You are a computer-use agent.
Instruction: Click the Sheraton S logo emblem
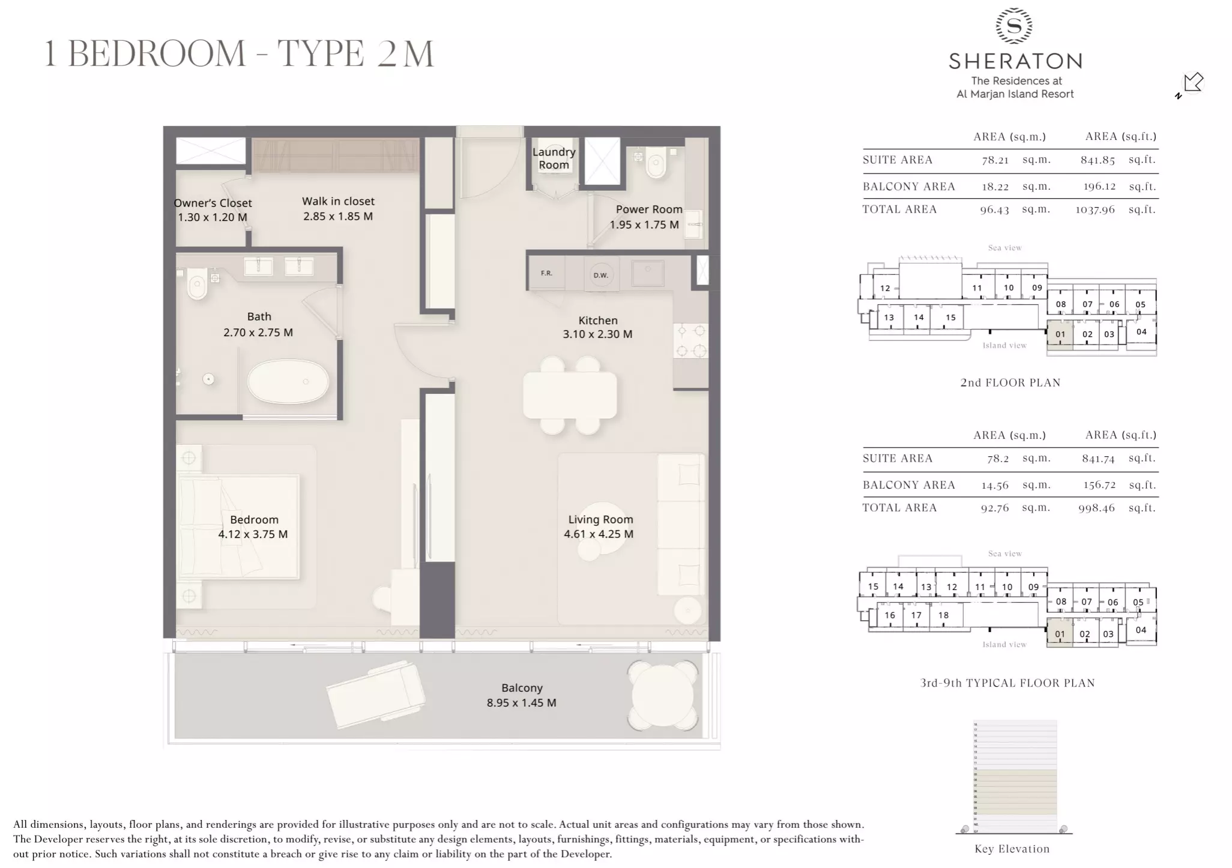pos(1014,26)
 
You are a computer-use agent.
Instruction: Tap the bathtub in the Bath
pos(288,381)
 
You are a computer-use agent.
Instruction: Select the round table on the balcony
pos(663,696)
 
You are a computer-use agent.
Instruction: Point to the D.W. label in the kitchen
pos(601,275)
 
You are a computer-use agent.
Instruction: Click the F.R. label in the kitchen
pos(546,273)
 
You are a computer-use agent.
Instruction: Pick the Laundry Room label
pos(554,158)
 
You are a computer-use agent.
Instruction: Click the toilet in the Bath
pos(197,285)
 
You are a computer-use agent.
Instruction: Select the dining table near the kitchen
pos(570,395)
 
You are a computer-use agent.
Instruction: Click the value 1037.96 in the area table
pos(1095,209)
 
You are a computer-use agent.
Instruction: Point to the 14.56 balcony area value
pos(995,485)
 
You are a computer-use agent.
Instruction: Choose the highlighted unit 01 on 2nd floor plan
pos(1060,335)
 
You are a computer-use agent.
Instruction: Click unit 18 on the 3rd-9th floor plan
pos(943,615)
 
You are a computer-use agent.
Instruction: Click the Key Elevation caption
pos(1012,849)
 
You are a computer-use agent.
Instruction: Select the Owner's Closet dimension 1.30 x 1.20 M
pos(213,217)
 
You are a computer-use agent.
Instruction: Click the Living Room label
pos(600,519)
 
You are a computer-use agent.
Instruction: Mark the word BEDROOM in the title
pos(157,54)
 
